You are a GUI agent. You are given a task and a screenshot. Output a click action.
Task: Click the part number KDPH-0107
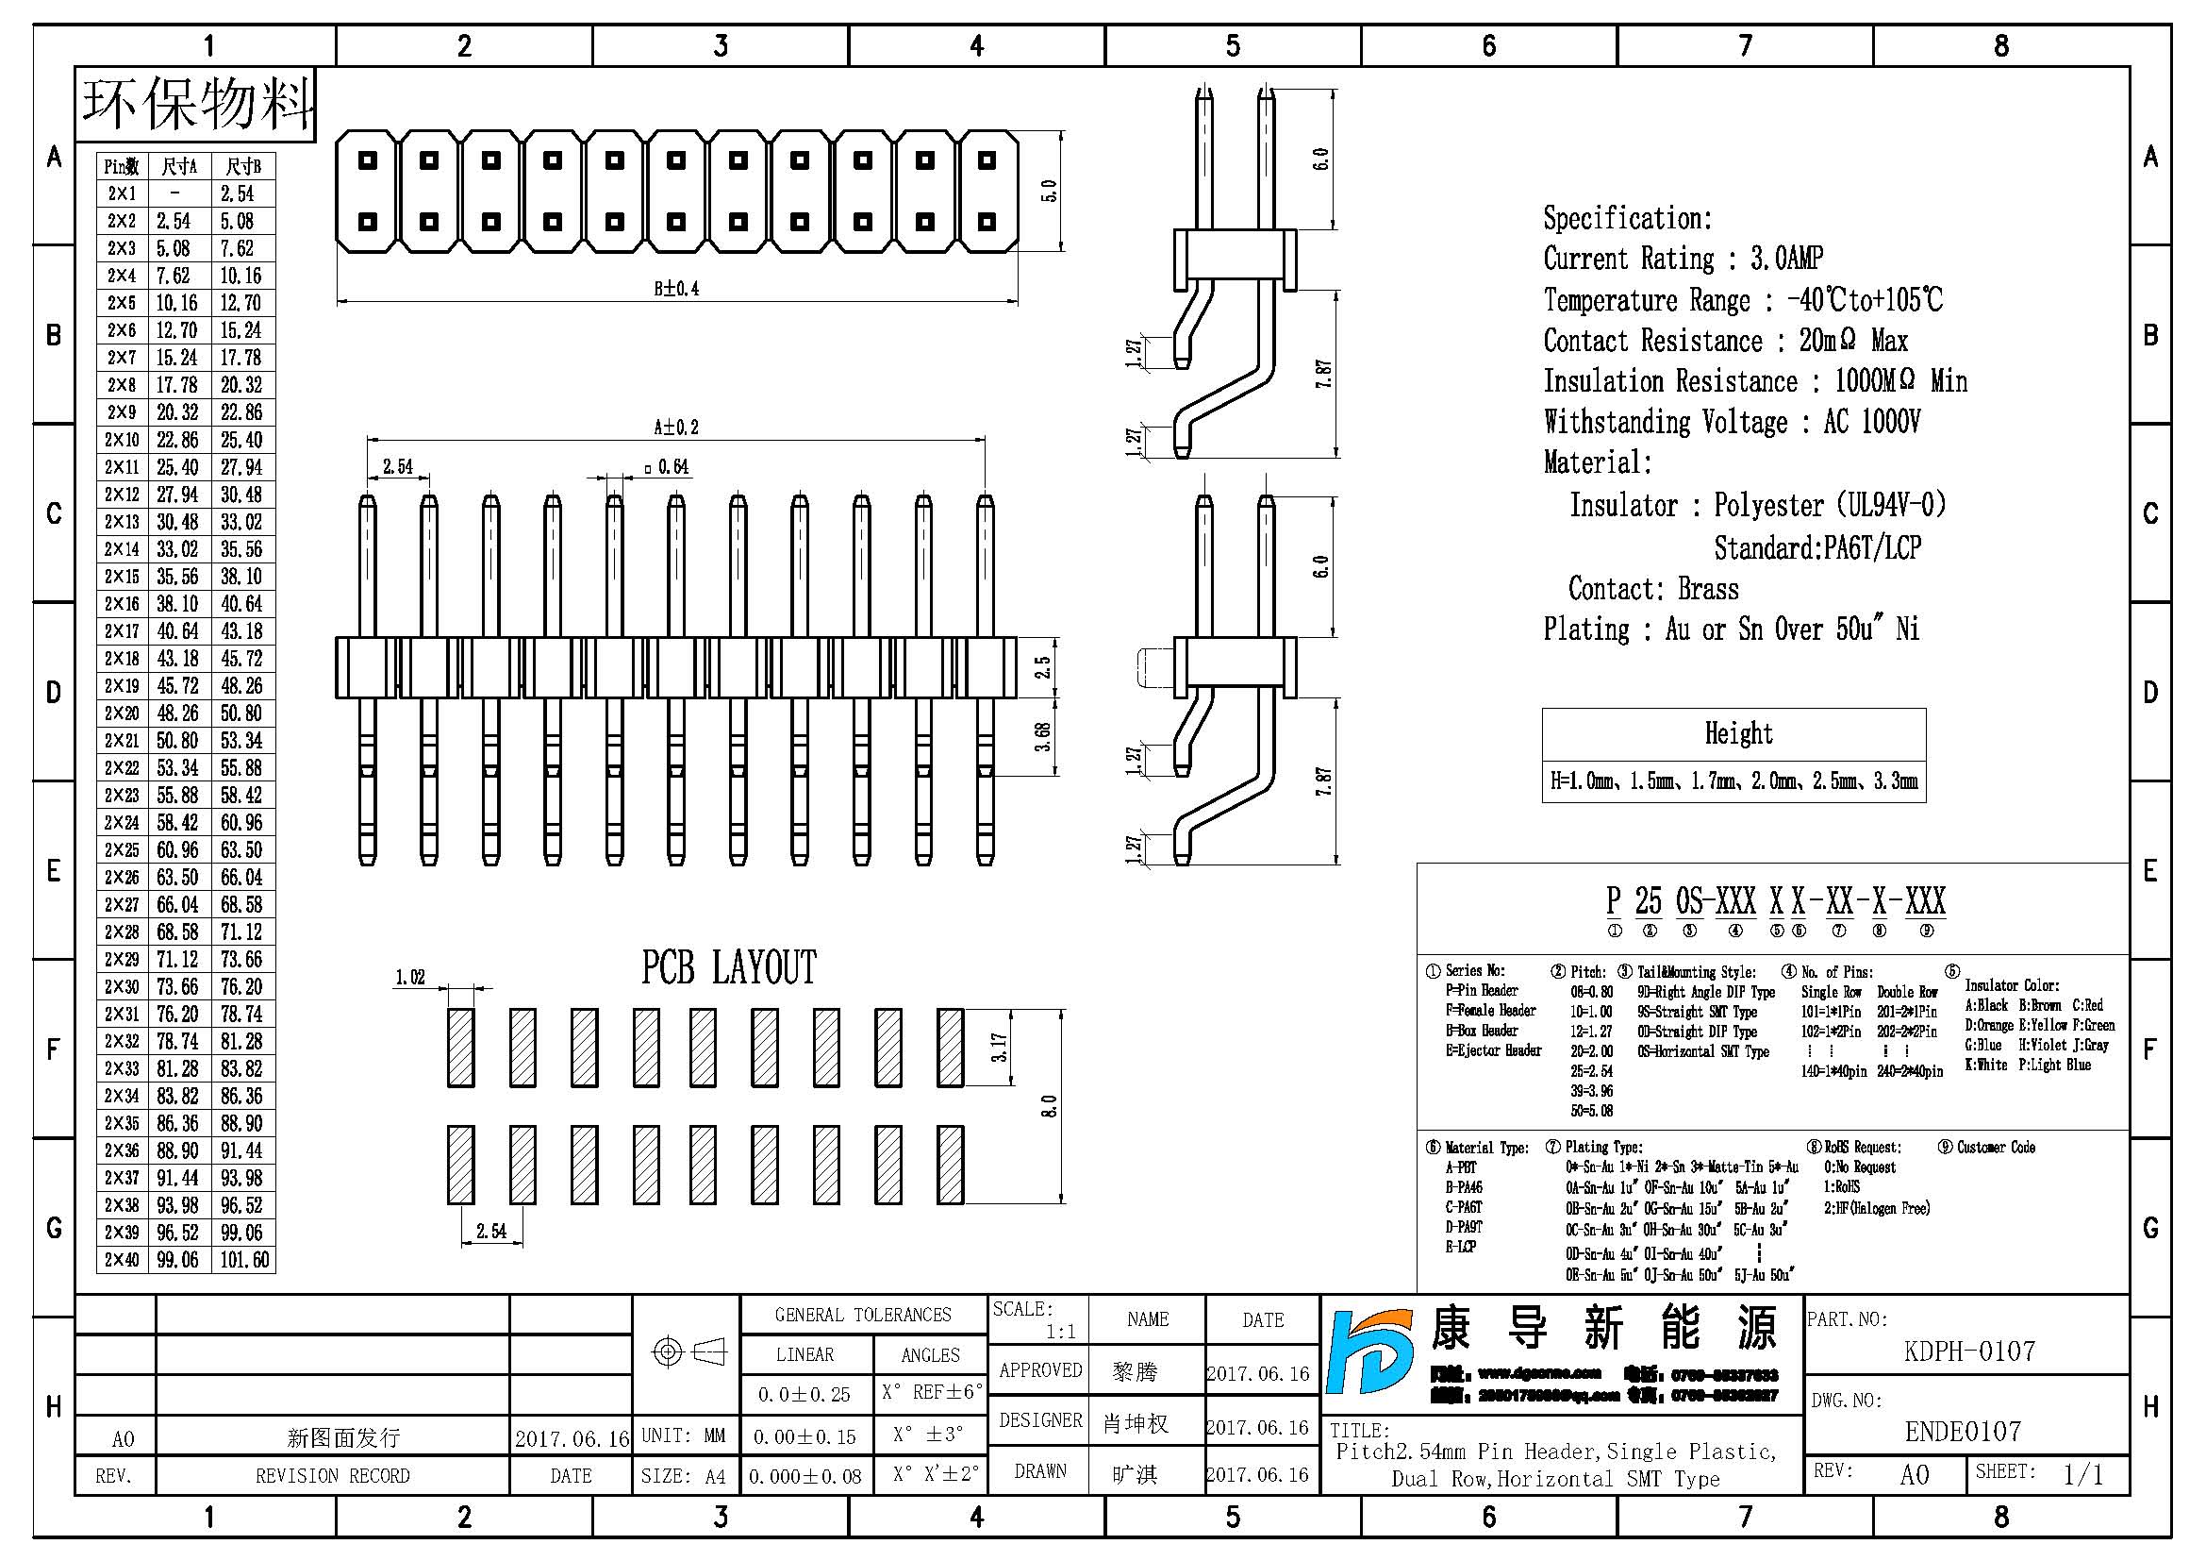[x=1968, y=1351]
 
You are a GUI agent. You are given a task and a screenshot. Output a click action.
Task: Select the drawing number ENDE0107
[x=1963, y=1432]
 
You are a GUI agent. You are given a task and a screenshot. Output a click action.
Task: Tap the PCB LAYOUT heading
[x=728, y=968]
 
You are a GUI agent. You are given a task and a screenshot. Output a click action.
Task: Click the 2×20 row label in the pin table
[x=122, y=713]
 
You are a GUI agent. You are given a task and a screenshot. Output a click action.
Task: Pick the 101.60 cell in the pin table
[x=244, y=1259]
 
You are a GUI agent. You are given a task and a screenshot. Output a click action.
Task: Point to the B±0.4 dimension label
[x=676, y=289]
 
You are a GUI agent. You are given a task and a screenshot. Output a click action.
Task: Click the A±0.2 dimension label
[x=676, y=427]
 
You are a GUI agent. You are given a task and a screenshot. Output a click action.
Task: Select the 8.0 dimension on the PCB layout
[x=1049, y=1106]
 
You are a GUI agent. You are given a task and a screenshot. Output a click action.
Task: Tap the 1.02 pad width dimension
[x=410, y=978]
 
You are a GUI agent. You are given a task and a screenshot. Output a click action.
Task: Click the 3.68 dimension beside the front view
[x=1042, y=736]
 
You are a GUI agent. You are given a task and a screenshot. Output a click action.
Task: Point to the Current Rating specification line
[x=1683, y=259]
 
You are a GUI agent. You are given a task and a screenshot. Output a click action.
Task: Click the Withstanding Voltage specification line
[x=1732, y=422]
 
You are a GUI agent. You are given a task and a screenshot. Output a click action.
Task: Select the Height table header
[x=1738, y=733]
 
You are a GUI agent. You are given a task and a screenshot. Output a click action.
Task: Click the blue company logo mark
[x=1371, y=1352]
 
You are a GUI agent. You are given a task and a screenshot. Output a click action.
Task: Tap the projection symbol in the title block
[x=688, y=1352]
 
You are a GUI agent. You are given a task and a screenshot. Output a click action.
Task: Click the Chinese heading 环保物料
[x=197, y=104]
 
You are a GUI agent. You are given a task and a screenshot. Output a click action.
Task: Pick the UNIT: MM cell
[x=683, y=1435]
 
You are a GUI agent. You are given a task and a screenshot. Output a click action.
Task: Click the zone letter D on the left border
[x=54, y=692]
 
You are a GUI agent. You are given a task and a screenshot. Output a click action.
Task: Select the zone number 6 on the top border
[x=1488, y=45]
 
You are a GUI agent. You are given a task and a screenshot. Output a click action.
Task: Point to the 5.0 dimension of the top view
[x=1049, y=191]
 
